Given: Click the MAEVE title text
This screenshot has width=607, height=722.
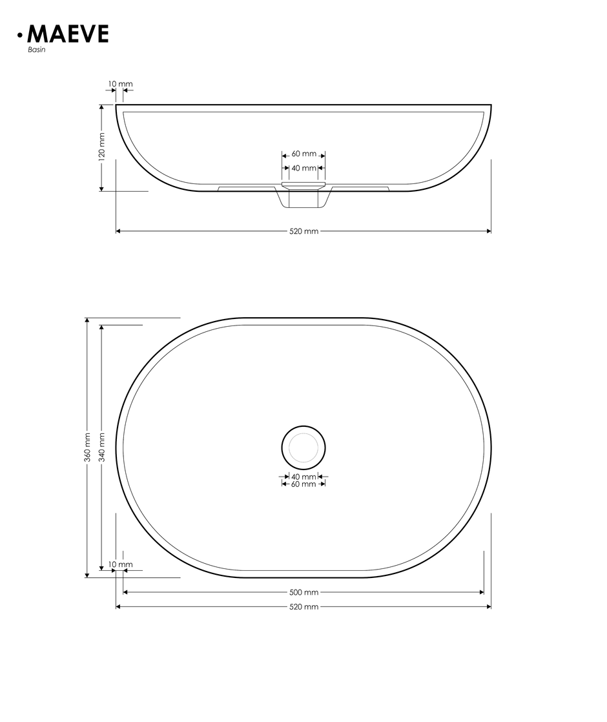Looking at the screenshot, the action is (x=68, y=34).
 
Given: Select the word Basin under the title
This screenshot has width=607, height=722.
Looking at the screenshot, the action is (x=37, y=50).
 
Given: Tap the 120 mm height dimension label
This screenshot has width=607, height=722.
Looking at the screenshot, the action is (x=102, y=146).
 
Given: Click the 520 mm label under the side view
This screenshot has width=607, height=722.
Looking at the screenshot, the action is (x=304, y=231).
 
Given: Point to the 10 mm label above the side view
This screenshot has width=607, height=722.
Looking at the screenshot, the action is (x=120, y=84).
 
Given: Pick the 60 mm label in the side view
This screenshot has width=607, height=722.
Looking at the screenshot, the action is (x=304, y=154).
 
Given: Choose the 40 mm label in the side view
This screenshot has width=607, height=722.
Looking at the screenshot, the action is (x=304, y=168).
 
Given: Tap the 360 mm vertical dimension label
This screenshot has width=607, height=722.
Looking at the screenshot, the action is (x=88, y=447).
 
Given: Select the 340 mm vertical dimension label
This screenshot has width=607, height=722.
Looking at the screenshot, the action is (x=102, y=447).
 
